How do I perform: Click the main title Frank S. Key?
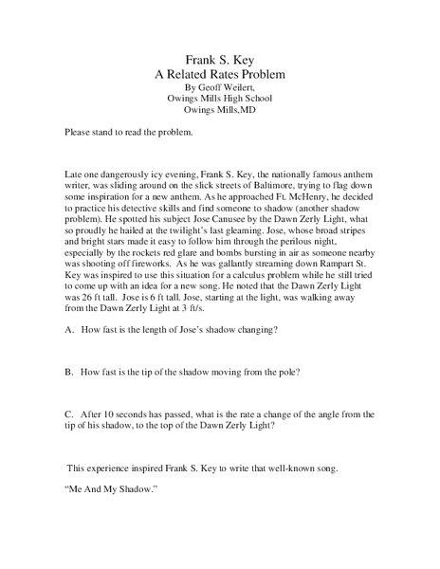219,56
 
